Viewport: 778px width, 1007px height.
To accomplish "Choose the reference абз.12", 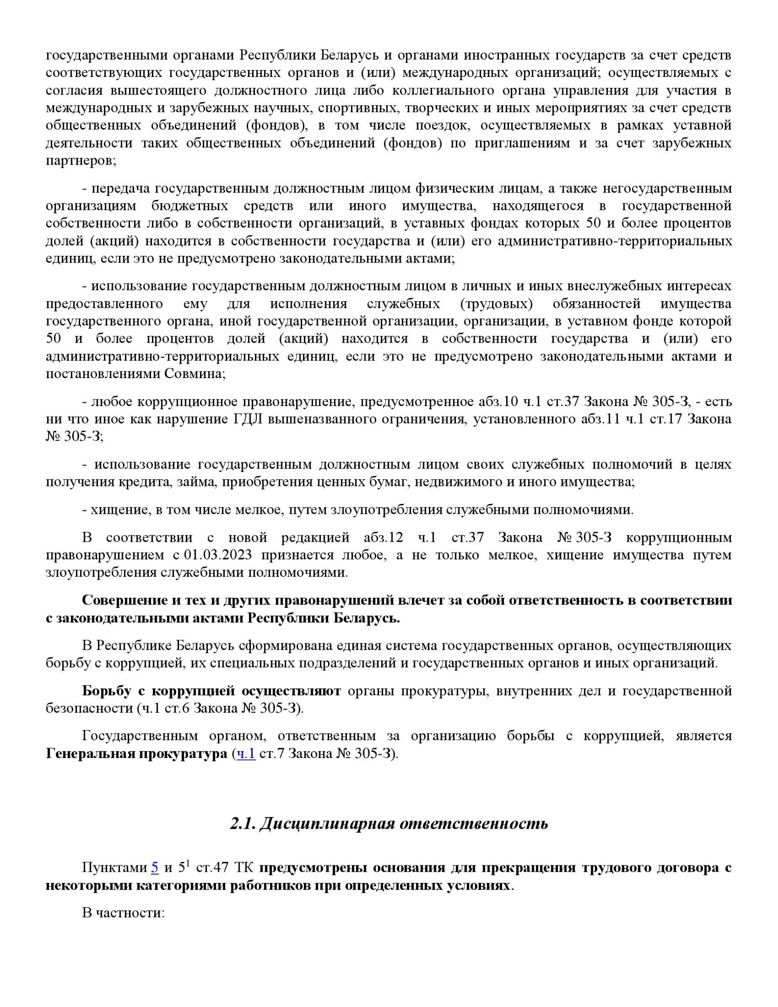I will pos(383,538).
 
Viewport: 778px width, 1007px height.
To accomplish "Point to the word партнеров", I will pos(80,161).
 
